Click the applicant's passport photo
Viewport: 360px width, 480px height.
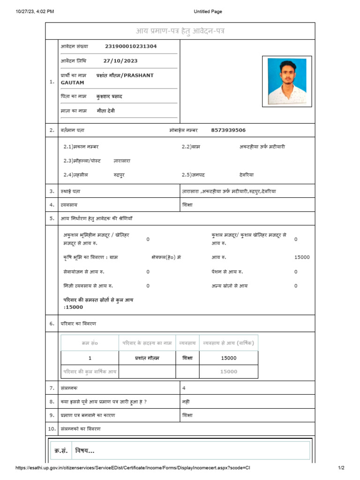287,81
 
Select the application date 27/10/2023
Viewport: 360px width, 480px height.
120,61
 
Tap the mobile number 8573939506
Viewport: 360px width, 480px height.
228,130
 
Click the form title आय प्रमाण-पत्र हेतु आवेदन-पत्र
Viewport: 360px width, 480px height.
180,31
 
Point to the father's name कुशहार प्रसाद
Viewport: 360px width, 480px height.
109,97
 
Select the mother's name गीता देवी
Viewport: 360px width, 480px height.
105,111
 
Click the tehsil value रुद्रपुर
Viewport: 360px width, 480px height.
119,174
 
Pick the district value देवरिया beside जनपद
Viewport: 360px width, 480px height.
246,174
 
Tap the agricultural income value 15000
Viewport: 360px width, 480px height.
302,257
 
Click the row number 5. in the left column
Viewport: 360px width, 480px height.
52,218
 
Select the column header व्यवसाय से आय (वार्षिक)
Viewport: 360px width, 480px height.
228,343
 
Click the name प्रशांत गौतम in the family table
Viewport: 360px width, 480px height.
147,358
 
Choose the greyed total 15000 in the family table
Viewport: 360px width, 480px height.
228,372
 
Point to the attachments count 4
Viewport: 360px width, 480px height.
184,388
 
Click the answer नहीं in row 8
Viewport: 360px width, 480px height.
186,402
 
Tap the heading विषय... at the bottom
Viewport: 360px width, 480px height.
84,451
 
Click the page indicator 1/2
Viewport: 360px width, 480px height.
341,468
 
